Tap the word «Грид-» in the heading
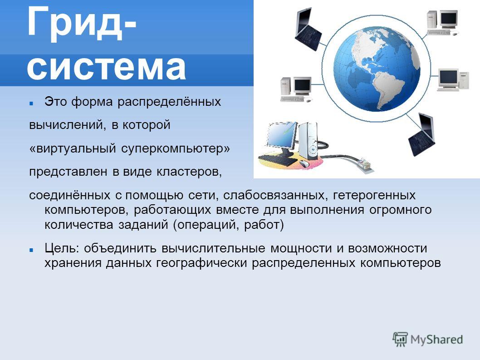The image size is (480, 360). tap(81, 23)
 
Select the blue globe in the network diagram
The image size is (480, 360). tap(377, 69)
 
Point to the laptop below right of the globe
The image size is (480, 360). tap(422, 134)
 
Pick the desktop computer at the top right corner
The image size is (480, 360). tap(443, 23)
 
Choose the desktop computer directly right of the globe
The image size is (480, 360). tap(453, 79)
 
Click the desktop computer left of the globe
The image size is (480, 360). tap(296, 89)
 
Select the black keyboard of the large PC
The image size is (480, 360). tap(278, 160)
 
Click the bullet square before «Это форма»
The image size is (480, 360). tap(31, 104)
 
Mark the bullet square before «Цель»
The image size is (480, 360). tap(31, 250)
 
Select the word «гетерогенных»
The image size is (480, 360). tap(374, 196)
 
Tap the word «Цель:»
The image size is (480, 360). tap(62, 248)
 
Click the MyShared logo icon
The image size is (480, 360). tap(400, 339)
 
